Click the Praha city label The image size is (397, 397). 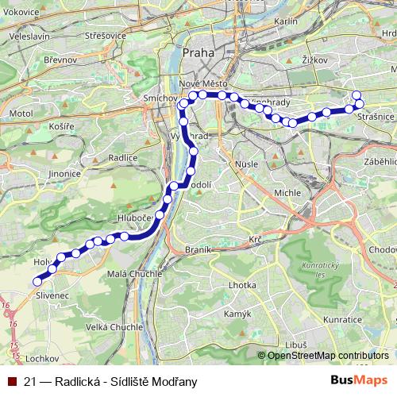click(x=198, y=53)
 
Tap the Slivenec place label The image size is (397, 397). click(x=52, y=295)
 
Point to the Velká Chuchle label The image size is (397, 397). click(x=114, y=326)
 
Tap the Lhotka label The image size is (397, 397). click(x=241, y=284)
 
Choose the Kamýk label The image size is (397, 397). click(x=237, y=314)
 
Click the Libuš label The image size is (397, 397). click(x=295, y=345)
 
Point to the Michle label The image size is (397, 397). click(x=287, y=192)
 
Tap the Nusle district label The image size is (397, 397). click(x=247, y=164)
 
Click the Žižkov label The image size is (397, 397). click(x=315, y=59)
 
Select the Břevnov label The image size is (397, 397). click(x=61, y=60)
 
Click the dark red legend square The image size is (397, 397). click(x=11, y=381)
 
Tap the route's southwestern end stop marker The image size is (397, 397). click(x=37, y=281)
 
